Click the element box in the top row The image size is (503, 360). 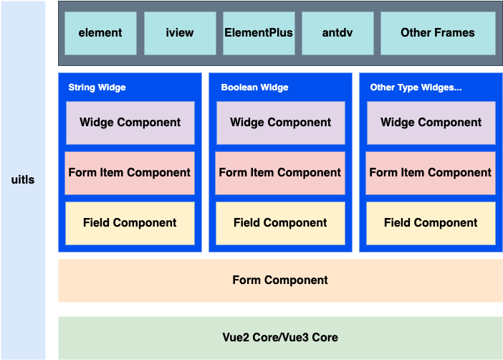click(100, 33)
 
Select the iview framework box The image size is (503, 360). click(180, 33)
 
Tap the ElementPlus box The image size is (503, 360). click(259, 33)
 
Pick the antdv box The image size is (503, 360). click(337, 33)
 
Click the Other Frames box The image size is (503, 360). click(437, 33)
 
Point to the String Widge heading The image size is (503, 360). click(97, 87)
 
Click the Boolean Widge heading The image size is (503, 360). click(254, 87)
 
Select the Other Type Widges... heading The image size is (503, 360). click(416, 87)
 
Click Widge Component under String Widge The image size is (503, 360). click(130, 123)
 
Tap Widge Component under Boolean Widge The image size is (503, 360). click(280, 123)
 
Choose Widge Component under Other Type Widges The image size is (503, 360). click(431, 123)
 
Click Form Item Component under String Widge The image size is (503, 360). click(130, 173)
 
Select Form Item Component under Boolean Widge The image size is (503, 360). click(280, 173)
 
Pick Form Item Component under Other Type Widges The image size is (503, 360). click(431, 173)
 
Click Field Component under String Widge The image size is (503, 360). click(130, 223)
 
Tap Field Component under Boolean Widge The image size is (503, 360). click(280, 223)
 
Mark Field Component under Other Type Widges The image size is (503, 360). click(431, 223)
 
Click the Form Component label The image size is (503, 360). click(280, 280)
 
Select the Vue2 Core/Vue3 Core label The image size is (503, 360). click(280, 338)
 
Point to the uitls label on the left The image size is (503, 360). click(23, 180)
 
